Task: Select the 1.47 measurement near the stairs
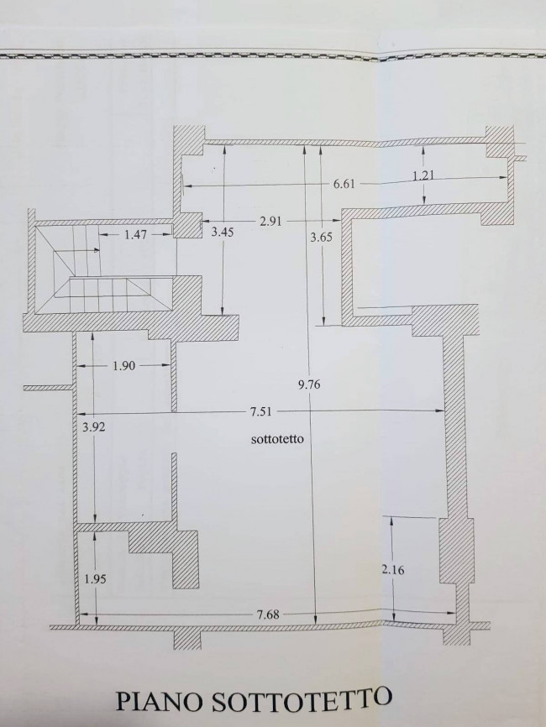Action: tap(135, 235)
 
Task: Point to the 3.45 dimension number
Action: tap(222, 232)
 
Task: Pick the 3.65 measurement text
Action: tap(321, 237)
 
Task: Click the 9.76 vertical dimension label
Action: tap(311, 385)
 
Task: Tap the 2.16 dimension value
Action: tap(393, 570)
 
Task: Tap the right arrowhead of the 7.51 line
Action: tap(442, 411)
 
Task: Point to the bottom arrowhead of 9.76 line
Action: tap(315, 622)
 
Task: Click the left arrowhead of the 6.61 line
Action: tap(186, 184)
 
